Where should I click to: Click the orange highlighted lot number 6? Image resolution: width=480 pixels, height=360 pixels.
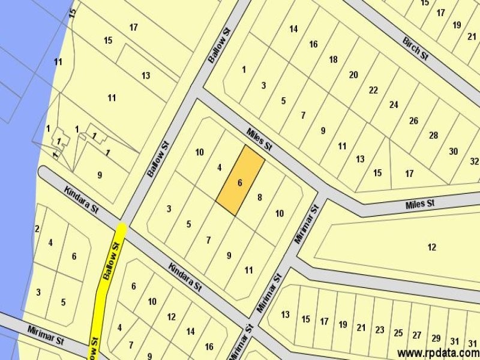click(x=239, y=183)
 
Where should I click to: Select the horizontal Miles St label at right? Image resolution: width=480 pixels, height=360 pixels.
click(x=420, y=204)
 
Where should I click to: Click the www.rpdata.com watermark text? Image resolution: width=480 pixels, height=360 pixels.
click(x=437, y=353)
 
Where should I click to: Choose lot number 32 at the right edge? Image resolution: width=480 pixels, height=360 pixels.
click(x=475, y=161)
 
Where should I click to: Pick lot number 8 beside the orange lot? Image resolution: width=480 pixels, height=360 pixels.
click(x=259, y=197)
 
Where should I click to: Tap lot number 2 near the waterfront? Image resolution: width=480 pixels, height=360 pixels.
click(x=37, y=229)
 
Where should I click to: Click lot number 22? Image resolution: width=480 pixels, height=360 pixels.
click(x=373, y=90)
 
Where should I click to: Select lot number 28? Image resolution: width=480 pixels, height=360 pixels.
click(x=433, y=135)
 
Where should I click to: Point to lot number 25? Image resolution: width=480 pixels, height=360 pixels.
click(x=398, y=333)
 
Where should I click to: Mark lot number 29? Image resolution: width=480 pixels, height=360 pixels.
click(x=436, y=338)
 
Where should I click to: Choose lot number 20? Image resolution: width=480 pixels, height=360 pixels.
click(x=353, y=75)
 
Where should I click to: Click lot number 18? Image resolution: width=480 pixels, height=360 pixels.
click(x=334, y=59)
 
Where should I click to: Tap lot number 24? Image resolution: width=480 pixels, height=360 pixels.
click(x=394, y=104)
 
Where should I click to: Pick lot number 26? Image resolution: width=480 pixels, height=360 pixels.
click(x=413, y=121)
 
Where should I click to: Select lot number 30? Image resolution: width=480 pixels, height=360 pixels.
click(x=454, y=151)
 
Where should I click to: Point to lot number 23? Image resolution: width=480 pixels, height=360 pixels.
click(x=379, y=329)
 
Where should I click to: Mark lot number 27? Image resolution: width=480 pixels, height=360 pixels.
click(x=417, y=335)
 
